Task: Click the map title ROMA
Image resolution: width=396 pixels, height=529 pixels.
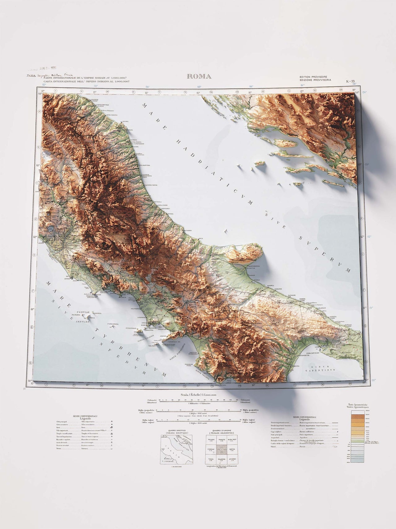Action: pos(199,77)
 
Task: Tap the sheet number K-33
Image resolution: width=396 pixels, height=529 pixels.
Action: pos(351,81)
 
